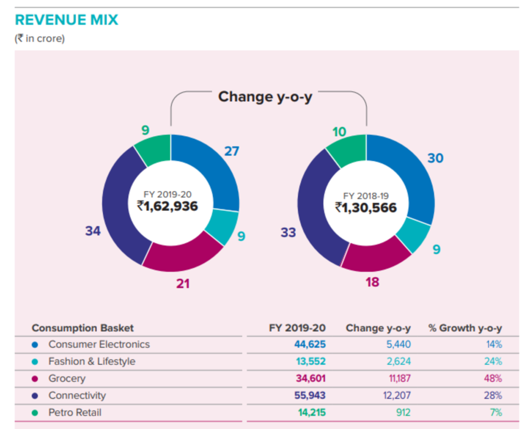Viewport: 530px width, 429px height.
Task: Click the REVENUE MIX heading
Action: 67,20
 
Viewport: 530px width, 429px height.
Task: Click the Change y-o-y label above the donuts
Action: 265,96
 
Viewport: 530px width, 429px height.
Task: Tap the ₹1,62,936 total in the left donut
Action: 167,206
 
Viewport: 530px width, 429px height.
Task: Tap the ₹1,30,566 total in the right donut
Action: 365,207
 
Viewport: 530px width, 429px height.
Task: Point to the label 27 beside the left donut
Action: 232,151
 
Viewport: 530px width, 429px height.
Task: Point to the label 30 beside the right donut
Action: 435,158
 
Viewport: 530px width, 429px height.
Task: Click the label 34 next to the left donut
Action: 93,231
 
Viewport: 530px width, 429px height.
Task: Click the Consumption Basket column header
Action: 83,328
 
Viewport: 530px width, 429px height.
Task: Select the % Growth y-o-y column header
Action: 465,328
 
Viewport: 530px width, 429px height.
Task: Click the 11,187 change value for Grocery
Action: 400,379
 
